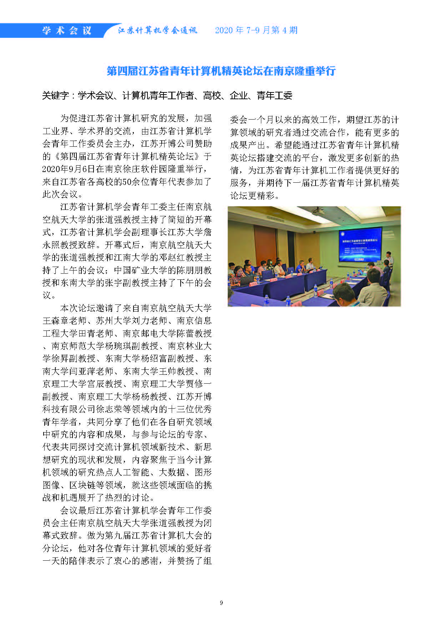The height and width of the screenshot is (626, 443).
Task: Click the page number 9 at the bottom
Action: click(x=221, y=603)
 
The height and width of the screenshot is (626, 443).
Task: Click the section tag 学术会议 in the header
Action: click(x=67, y=31)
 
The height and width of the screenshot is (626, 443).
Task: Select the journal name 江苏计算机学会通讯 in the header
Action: click(x=157, y=31)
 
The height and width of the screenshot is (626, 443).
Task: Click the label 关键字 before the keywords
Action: click(x=55, y=96)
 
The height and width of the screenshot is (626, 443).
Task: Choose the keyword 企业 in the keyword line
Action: click(x=238, y=96)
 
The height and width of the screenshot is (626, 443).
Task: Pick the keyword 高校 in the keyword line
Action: click(x=212, y=96)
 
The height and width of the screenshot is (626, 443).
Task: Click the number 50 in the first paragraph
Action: click(x=127, y=182)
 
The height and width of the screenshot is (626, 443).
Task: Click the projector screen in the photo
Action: click(x=360, y=245)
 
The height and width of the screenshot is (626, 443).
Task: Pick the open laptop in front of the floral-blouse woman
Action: click(x=246, y=280)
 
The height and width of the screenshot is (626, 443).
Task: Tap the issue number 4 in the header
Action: click(x=285, y=30)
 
